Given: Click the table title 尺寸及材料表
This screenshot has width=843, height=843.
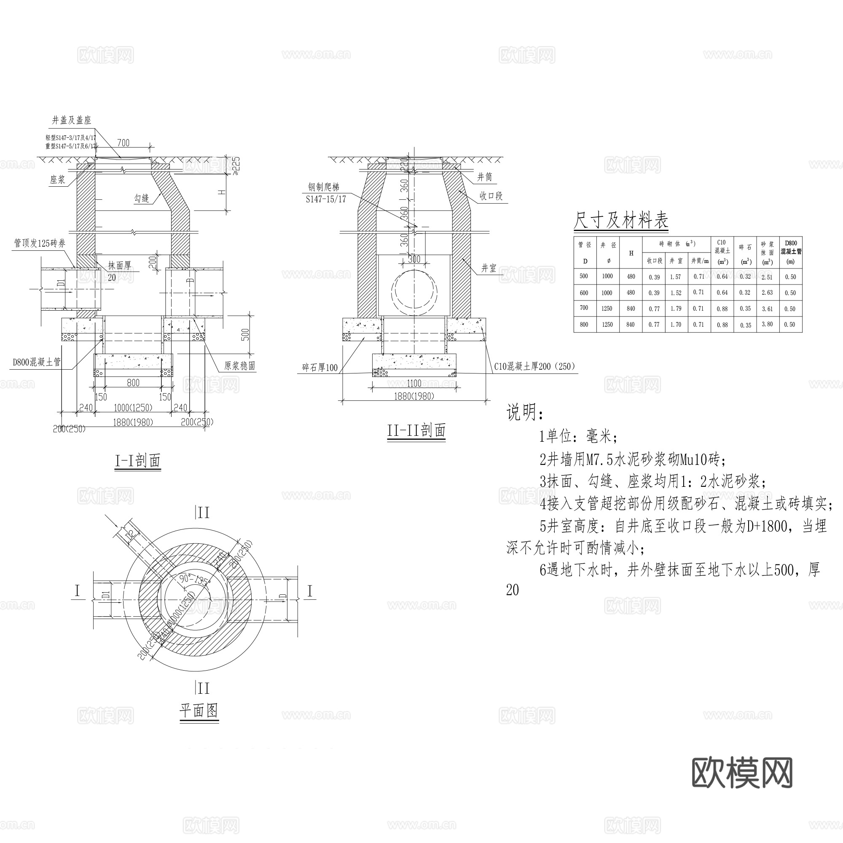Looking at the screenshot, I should pyautogui.click(x=620, y=220).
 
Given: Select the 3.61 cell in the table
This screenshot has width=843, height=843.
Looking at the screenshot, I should pyautogui.click(x=767, y=309).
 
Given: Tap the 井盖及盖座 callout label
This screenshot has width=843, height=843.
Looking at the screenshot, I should pyautogui.click(x=72, y=120).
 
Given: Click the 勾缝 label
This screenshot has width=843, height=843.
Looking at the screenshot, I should pyautogui.click(x=141, y=199).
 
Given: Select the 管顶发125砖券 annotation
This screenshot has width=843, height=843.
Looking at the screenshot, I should pyautogui.click(x=40, y=244).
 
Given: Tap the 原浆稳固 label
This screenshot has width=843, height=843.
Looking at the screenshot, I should pyautogui.click(x=239, y=365).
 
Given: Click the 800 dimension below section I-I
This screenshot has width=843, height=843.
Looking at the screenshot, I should pyautogui.click(x=133, y=383).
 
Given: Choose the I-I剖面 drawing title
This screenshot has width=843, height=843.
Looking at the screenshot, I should pyautogui.click(x=138, y=461).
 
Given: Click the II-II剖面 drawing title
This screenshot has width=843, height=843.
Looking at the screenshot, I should pyautogui.click(x=416, y=431).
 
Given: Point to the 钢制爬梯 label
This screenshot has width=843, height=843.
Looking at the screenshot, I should pyautogui.click(x=323, y=187).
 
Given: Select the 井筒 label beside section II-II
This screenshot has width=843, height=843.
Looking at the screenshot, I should pyautogui.click(x=484, y=177).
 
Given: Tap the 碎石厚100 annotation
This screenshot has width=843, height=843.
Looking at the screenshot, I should pyautogui.click(x=320, y=368).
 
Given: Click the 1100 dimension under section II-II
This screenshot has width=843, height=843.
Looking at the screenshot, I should pyautogui.click(x=414, y=383).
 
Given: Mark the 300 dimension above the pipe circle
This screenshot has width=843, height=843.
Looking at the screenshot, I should pyautogui.click(x=414, y=259).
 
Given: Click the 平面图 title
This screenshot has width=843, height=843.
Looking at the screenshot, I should pyautogui.click(x=199, y=711).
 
